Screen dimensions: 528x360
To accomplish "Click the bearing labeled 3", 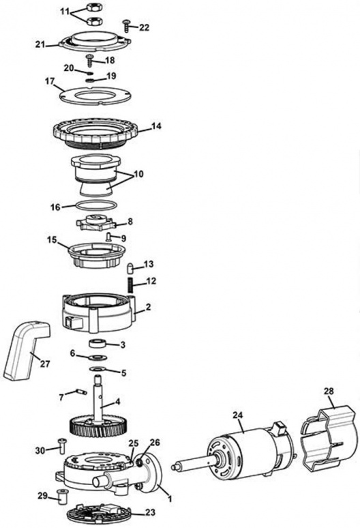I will coord(100,343).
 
